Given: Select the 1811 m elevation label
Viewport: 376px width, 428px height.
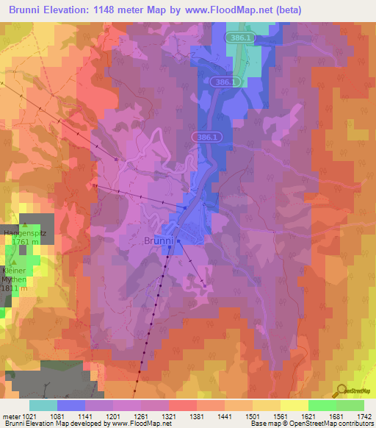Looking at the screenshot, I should (x=13, y=288).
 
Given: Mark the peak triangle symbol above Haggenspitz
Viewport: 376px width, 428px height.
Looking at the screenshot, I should (x=26, y=224).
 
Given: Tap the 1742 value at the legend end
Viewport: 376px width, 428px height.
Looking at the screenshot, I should (x=363, y=415).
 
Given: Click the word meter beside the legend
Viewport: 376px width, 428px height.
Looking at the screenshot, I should (x=10, y=415).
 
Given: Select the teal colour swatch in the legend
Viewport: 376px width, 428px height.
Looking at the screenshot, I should (x=43, y=405).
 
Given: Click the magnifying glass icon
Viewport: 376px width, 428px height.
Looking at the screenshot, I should (x=342, y=391).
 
